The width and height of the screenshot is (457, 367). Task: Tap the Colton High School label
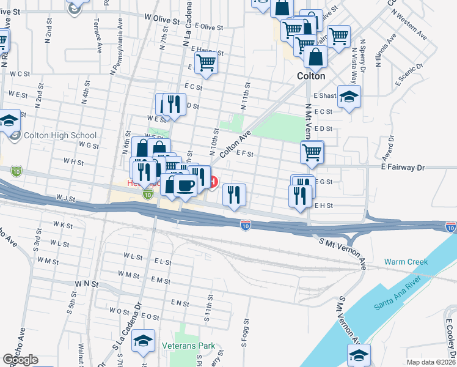coord(60,136)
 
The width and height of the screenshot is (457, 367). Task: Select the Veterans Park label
coord(189,346)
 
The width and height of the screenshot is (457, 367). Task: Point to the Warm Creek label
coord(406,262)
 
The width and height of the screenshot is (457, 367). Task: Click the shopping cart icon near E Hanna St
coord(207,62)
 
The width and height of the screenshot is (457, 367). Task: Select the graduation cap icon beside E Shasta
coord(349,97)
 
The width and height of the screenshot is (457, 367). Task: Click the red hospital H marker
coord(213,182)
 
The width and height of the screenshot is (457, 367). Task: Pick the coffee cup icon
coord(185,185)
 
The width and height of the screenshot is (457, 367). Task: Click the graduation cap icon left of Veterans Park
coord(144,341)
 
